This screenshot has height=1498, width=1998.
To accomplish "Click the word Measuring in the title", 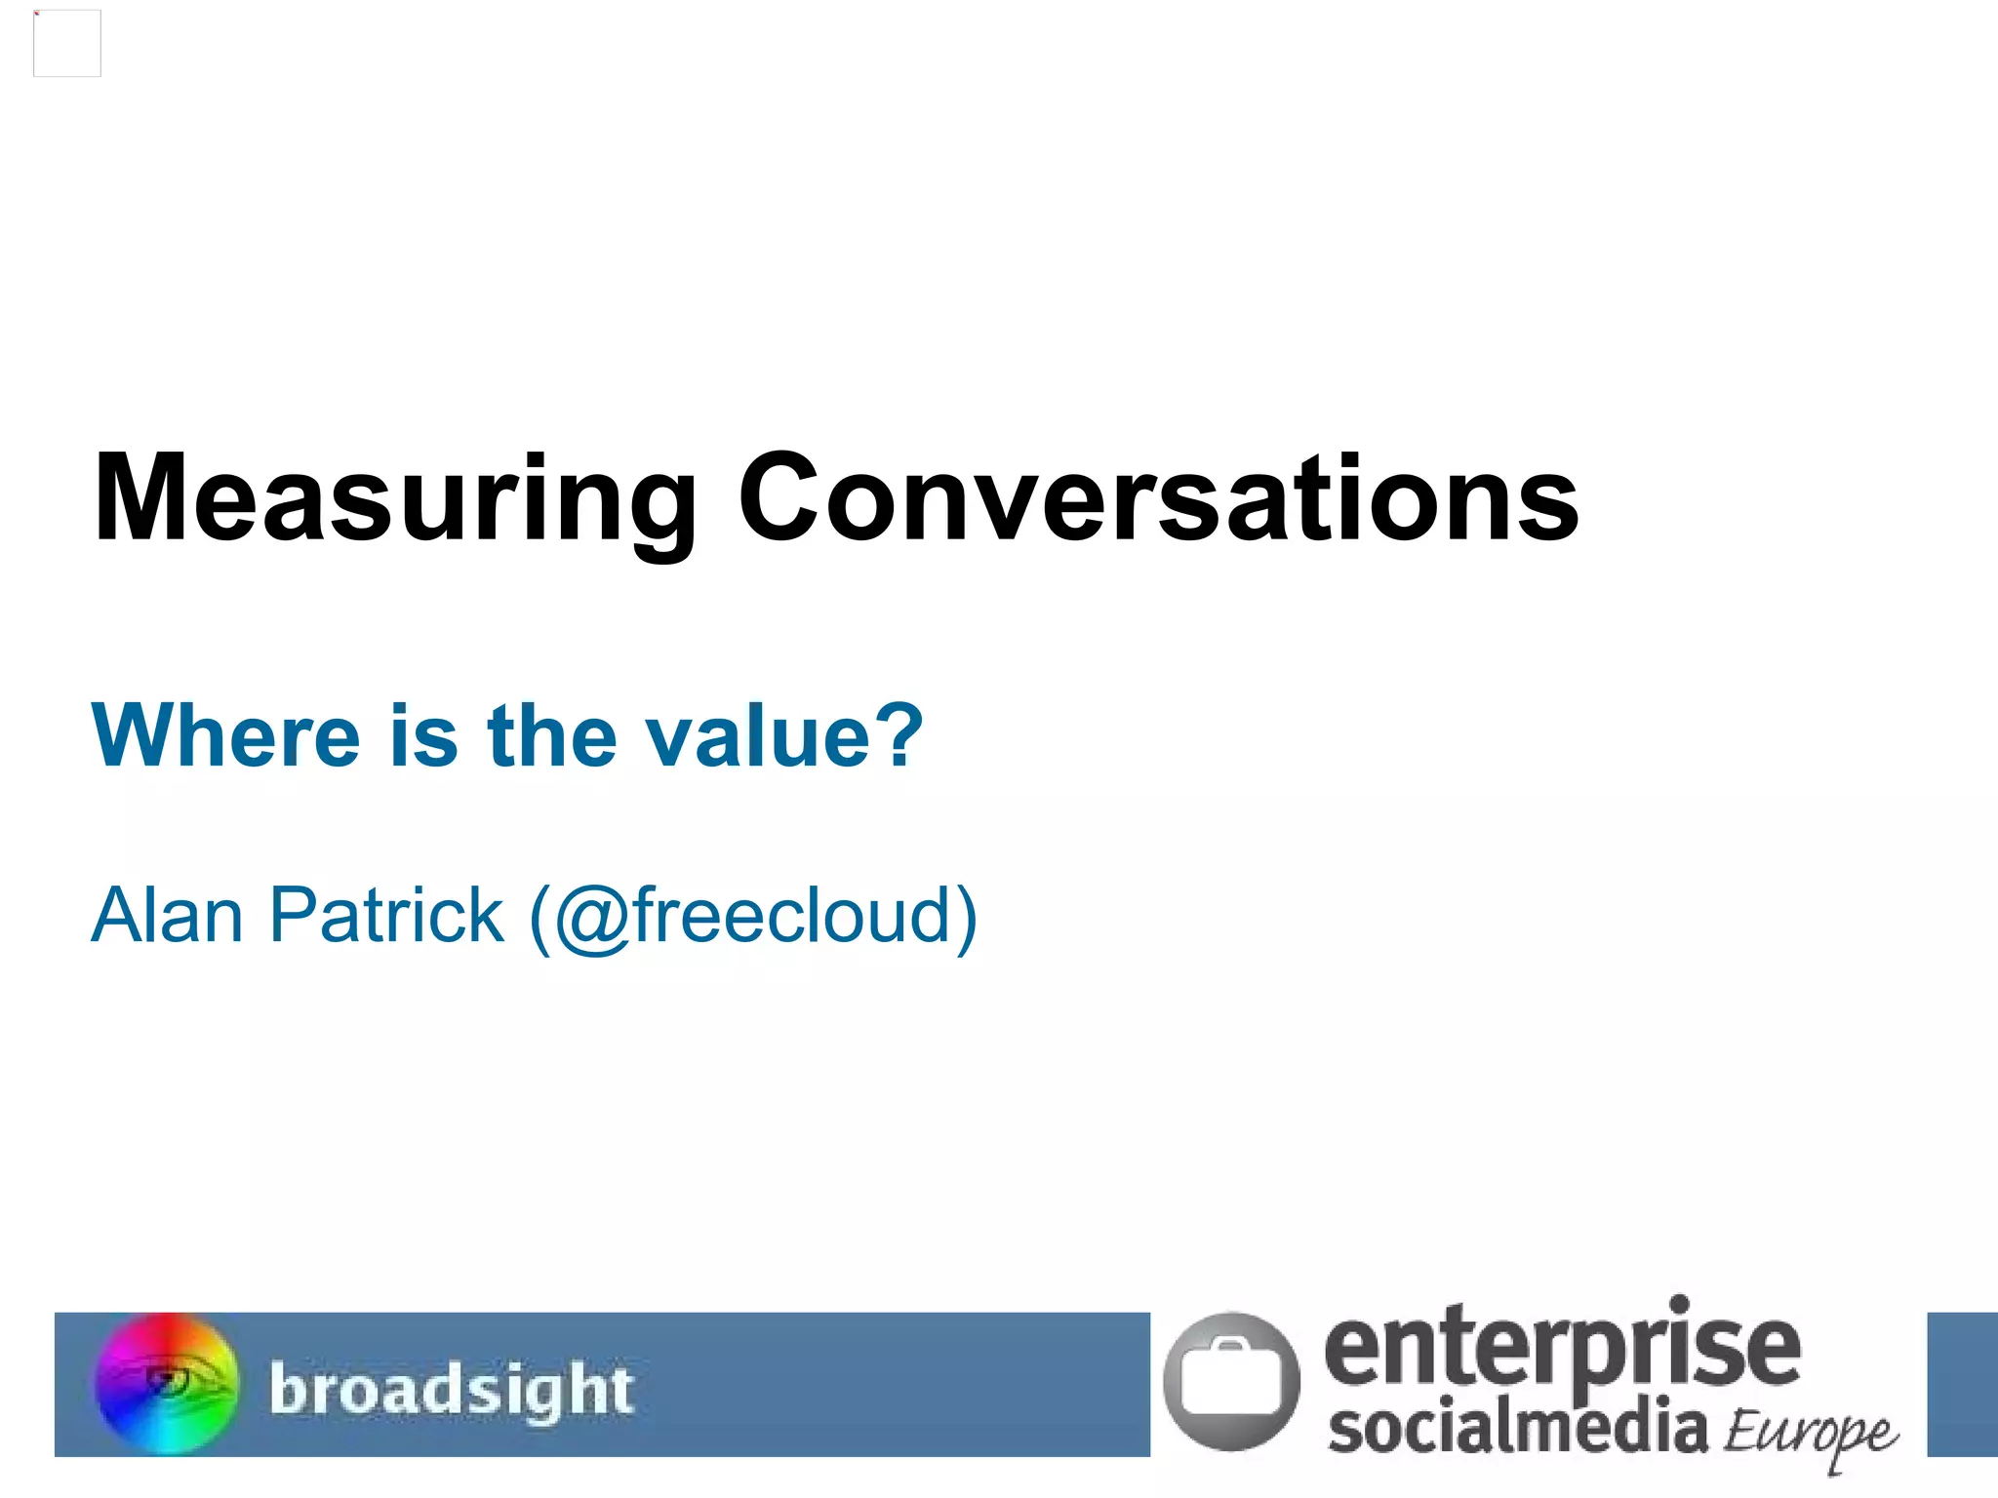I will click(395, 499).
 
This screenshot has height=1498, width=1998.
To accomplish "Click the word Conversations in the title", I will click(1158, 499).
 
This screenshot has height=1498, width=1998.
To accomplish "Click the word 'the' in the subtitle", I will click(552, 735).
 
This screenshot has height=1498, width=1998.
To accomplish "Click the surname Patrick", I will click(386, 916).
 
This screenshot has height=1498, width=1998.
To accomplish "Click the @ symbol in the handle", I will click(593, 919).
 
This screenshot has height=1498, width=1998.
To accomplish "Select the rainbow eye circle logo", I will click(167, 1383).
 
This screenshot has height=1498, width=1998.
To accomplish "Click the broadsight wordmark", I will click(452, 1389).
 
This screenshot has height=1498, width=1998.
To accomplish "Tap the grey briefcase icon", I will click(1231, 1381).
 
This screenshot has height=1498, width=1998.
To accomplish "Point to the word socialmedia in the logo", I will click(1518, 1428).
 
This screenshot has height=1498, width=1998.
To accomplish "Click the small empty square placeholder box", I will click(67, 43).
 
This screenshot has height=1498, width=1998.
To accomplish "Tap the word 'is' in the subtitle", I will click(424, 735).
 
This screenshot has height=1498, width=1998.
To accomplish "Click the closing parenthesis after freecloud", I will click(965, 918).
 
